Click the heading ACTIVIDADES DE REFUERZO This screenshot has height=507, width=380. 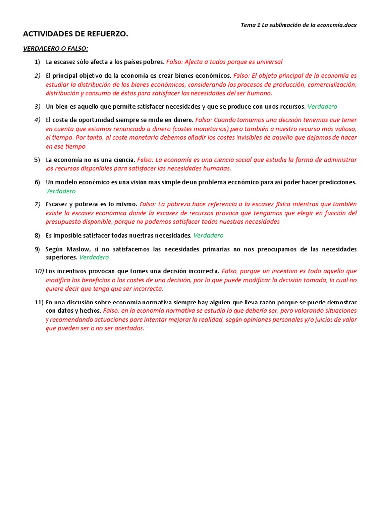[x=76, y=34]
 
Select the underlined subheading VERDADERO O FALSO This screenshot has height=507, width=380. [x=55, y=49]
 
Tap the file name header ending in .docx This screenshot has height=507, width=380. [x=298, y=24]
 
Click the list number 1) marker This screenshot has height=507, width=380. [x=37, y=62]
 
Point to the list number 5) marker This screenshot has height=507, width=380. [x=37, y=160]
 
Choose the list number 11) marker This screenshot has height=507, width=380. [x=39, y=302]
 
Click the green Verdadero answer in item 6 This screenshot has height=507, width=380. [x=61, y=191]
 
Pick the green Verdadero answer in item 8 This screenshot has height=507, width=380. [x=208, y=235]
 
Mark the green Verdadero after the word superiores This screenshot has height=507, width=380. [x=94, y=257]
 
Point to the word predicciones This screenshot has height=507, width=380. [x=335, y=182]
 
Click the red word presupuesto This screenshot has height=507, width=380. [x=64, y=222]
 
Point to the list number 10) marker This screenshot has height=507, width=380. [x=39, y=271]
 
